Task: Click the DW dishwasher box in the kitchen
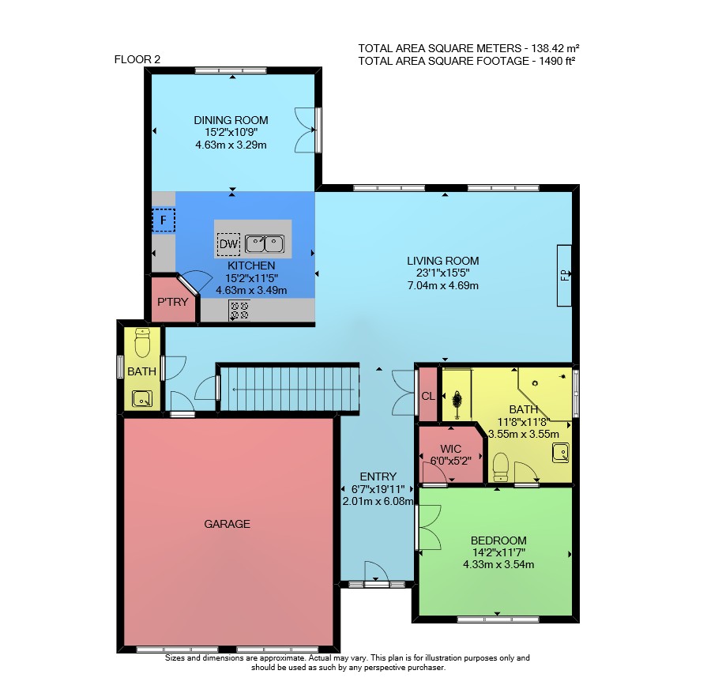(228, 244)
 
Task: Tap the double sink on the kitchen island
(265, 244)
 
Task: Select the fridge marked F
(164, 220)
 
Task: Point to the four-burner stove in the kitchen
(239, 311)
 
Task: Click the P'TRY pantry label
(172, 302)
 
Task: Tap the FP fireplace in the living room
(564, 275)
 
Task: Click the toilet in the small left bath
(142, 343)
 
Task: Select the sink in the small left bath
(142, 398)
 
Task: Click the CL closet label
(428, 396)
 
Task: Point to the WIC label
(450, 449)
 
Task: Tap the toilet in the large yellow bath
(501, 468)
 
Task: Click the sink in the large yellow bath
(561, 453)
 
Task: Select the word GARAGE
(227, 524)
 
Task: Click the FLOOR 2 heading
(137, 59)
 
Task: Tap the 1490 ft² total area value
(557, 61)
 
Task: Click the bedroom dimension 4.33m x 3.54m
(498, 564)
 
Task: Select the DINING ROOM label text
(231, 120)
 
